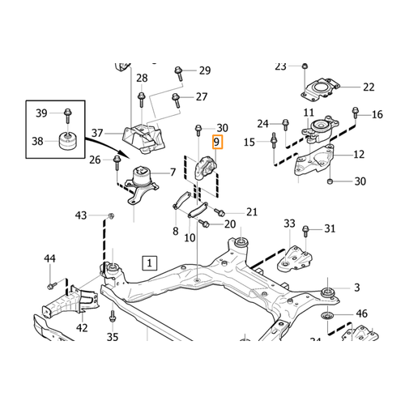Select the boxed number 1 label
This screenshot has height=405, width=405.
point(148,262)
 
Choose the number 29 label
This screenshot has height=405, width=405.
point(203,70)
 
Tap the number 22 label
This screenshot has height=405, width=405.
point(369,87)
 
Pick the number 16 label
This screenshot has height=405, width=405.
point(377,116)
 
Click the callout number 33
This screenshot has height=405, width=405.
point(289,223)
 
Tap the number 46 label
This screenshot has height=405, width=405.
point(361,313)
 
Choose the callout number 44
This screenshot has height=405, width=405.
point(49,258)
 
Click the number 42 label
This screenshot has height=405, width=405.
point(82,328)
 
